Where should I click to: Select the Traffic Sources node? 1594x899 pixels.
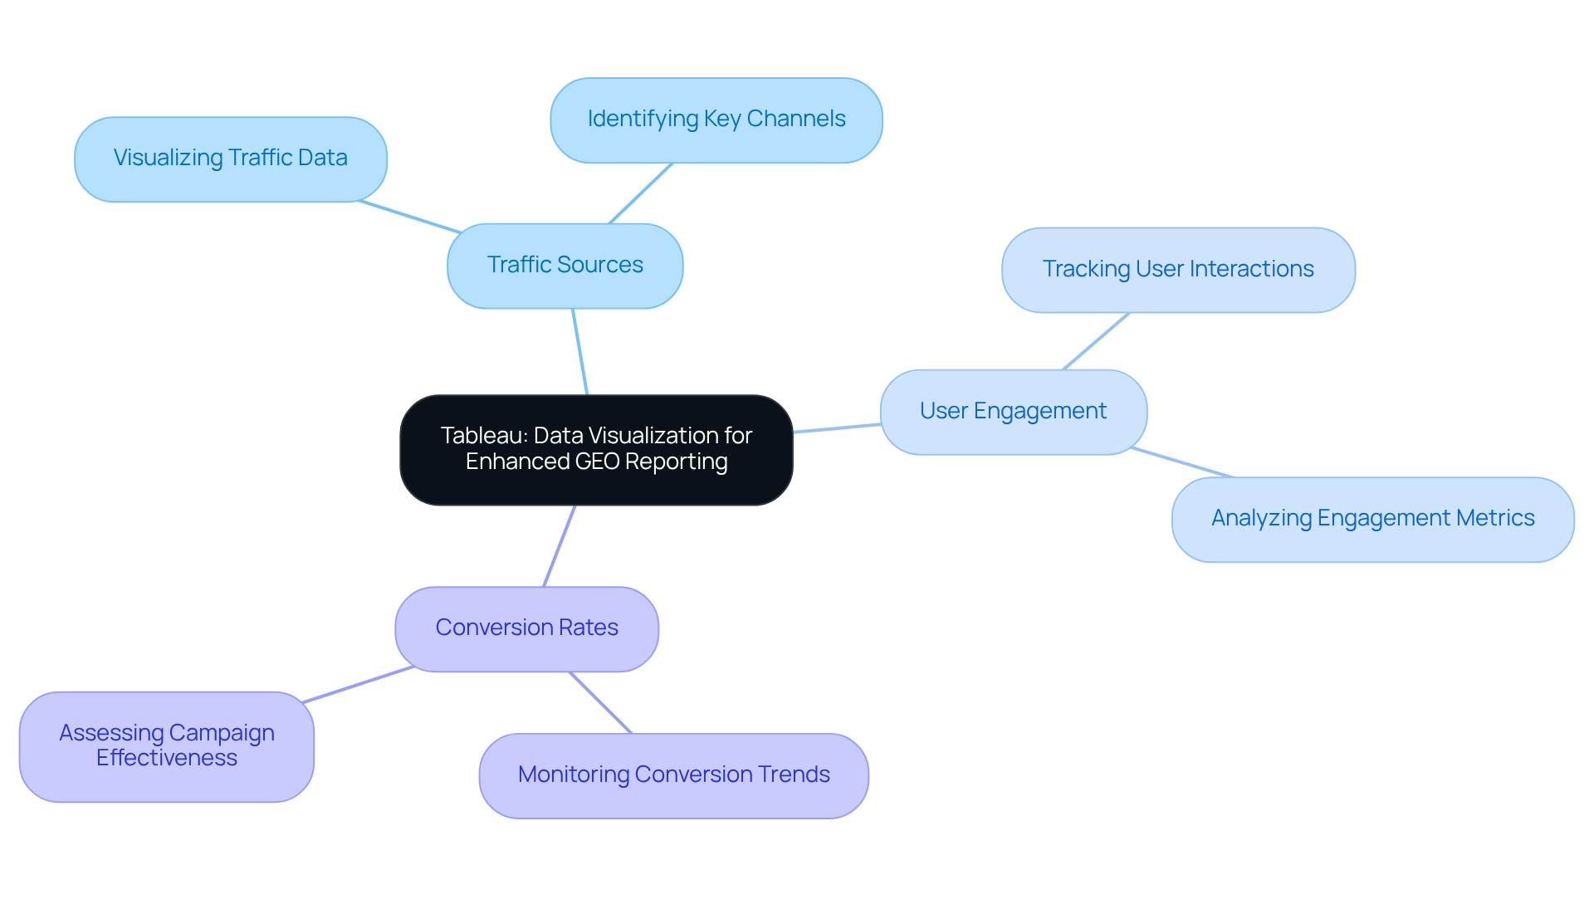[565, 266]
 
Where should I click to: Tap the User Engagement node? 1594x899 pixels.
[1013, 412]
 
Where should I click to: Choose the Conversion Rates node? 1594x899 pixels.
[526, 628]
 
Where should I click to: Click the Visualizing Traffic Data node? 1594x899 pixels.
[230, 159]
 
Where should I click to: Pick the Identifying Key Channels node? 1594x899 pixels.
[716, 120]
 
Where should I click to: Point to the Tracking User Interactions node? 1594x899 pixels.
[1177, 270]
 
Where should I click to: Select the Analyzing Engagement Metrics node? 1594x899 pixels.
[1372, 519]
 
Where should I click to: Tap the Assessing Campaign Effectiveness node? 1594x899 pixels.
[166, 745]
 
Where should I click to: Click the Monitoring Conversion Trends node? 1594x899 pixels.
[673, 775]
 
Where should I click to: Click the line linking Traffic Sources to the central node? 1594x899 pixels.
[579, 352]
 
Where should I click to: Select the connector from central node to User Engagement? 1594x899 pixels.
[837, 428]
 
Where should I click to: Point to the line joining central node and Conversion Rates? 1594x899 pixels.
[559, 546]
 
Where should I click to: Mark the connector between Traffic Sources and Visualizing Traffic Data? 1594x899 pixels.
[410, 217]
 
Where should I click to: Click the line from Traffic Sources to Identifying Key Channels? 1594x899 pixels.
[641, 193]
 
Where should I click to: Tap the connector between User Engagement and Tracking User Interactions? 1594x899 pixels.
[1096, 341]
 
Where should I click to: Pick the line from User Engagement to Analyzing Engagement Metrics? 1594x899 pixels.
[1182, 462]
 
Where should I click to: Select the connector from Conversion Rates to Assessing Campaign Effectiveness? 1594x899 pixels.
[359, 685]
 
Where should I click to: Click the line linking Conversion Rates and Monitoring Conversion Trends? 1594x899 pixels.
[600, 702]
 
